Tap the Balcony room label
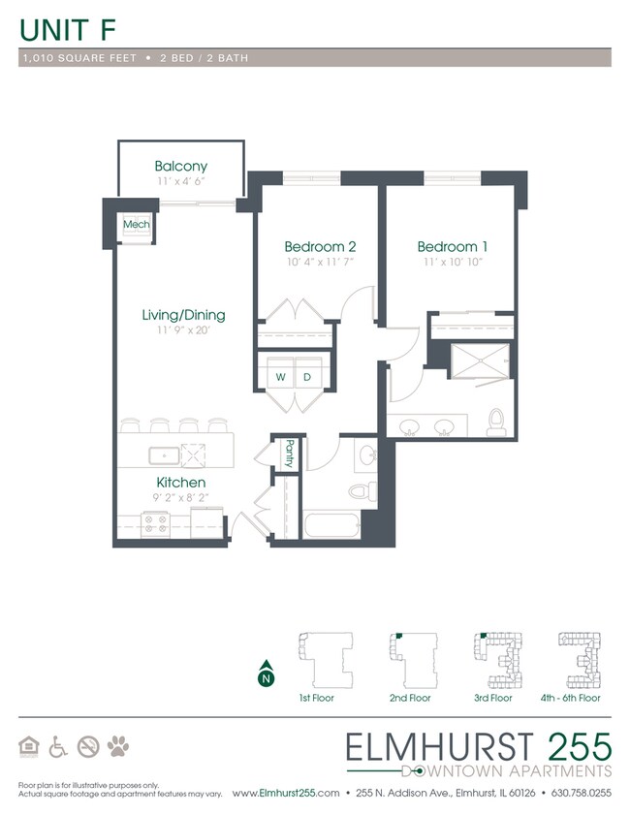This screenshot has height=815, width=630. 180,166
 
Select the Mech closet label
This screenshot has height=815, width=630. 135,225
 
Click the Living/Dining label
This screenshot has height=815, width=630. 183,315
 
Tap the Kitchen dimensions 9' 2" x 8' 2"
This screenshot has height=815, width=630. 180,498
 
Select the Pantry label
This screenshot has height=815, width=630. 290,452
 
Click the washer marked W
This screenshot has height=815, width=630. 280,376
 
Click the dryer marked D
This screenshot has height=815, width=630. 307,376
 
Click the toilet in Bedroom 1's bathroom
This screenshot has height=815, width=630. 496,421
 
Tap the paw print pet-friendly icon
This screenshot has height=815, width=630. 118,746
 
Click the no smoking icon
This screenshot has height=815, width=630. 88,746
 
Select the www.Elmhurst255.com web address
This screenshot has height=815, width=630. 286,793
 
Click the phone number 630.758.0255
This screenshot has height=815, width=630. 580,793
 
